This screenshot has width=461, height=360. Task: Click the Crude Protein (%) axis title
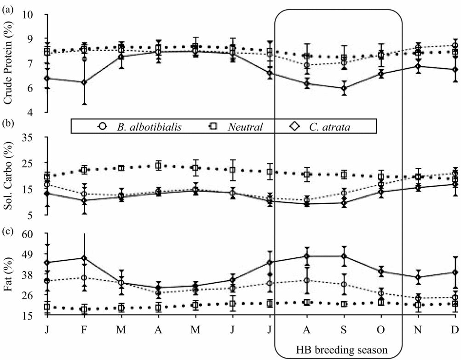pos(8,63)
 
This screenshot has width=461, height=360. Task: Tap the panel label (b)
pos(7,123)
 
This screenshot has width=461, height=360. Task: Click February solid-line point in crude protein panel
pos(84,82)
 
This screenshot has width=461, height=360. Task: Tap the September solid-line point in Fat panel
pos(343,256)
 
